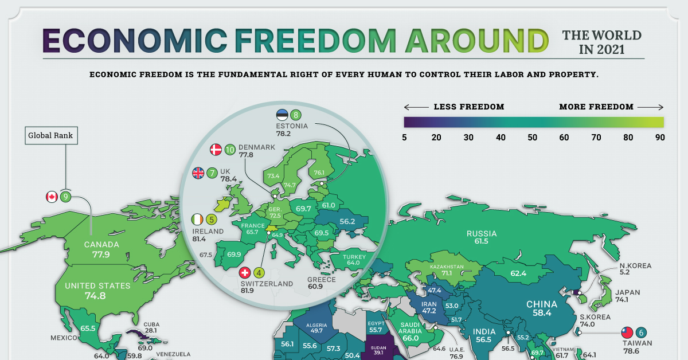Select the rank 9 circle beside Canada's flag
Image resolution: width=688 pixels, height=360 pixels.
(x=66, y=197)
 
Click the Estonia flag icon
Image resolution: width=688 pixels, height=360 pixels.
(x=282, y=115)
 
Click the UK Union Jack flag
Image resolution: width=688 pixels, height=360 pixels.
(x=198, y=173)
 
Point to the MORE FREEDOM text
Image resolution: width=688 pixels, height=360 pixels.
(x=596, y=107)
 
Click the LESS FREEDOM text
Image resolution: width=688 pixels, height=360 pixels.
(x=469, y=107)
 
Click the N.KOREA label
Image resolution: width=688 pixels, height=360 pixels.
(x=624, y=267)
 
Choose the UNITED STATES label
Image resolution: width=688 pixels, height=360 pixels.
(x=97, y=285)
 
